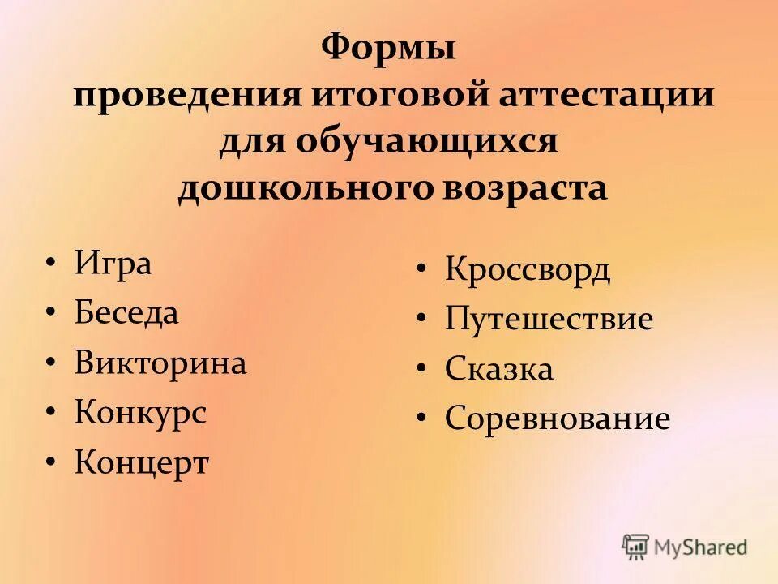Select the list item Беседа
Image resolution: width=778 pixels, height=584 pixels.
[126, 314]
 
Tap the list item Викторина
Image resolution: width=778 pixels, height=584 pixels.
[160, 363]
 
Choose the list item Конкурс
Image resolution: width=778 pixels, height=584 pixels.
[140, 413]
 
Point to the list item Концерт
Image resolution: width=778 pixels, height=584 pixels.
[142, 463]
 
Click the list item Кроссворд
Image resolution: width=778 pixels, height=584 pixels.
[528, 270]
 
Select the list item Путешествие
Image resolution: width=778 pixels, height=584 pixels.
[549, 320]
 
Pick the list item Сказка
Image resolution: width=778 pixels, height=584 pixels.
[499, 370]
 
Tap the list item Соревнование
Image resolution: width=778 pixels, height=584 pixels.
[558, 419]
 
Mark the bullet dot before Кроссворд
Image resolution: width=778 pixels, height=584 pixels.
[421, 270]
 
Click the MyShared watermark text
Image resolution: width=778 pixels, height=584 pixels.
[701, 547]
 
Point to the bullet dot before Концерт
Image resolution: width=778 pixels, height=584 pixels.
[51, 464]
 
